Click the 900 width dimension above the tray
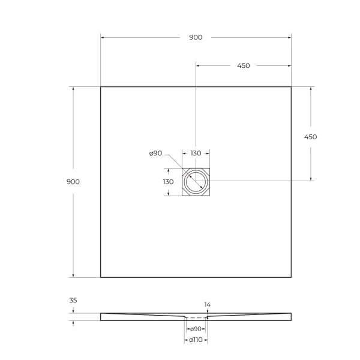tap(196, 37)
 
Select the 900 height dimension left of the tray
tap(73, 182)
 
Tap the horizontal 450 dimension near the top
tap(244, 66)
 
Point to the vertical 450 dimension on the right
tap(310, 137)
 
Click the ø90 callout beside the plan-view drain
tap(155, 154)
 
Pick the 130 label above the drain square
tap(196, 154)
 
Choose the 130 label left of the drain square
tap(168, 182)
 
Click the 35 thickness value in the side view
tap(73, 300)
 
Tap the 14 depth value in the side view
tap(208, 305)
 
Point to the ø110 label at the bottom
tap(196, 341)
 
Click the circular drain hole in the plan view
tap(196, 181)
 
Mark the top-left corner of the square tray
tap(100, 87)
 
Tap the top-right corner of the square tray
tap(291, 87)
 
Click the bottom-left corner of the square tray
tap(100, 277)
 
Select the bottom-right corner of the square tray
tap(291, 277)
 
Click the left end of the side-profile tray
tap(101, 316)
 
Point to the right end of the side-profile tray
tap(290, 316)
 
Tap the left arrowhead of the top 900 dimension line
tap(102, 37)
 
